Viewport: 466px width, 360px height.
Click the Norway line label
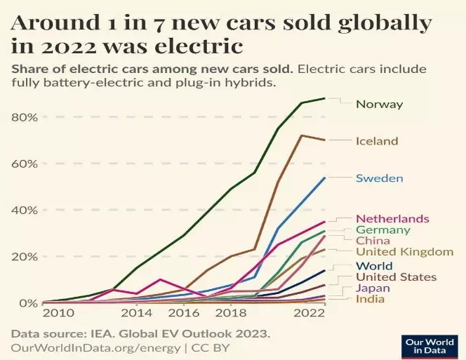[x=379, y=105]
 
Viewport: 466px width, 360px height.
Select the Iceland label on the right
[x=376, y=141]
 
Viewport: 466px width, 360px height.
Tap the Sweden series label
[x=379, y=178]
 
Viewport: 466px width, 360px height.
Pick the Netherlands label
[x=392, y=218]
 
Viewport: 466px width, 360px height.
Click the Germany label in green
[x=382, y=229]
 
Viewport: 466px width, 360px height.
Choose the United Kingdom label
[x=405, y=252]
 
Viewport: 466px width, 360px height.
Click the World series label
[x=373, y=266]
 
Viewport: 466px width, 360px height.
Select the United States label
[x=396, y=277]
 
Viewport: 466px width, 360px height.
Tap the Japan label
[x=373, y=288]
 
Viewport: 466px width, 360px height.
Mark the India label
[x=371, y=300]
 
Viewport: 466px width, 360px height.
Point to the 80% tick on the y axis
[x=23, y=117]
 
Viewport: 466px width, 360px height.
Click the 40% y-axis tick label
[x=23, y=210]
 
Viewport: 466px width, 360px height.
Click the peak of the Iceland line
[x=302, y=135]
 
